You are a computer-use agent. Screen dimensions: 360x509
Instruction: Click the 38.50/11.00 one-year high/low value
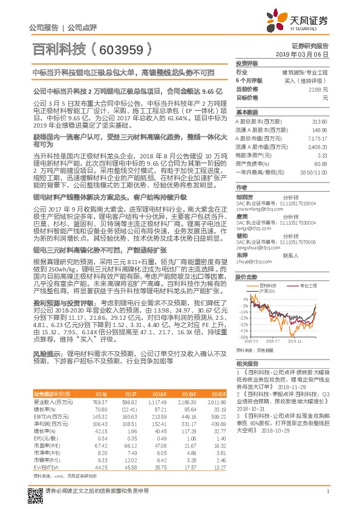pos(314,172)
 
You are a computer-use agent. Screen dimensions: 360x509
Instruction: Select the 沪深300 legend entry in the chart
pos(264,291)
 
